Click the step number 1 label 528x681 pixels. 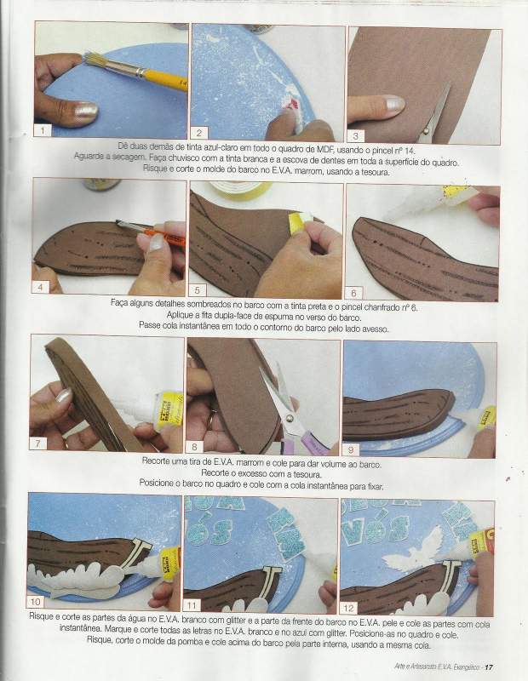(x=42, y=130)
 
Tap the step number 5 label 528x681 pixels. (x=198, y=290)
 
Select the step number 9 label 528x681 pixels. (x=351, y=450)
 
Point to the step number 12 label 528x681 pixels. (x=348, y=608)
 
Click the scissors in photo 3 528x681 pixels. (x=434, y=115)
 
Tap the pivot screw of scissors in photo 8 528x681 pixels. (x=289, y=418)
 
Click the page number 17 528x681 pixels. (x=490, y=667)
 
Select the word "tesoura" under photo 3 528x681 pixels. (x=376, y=172)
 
